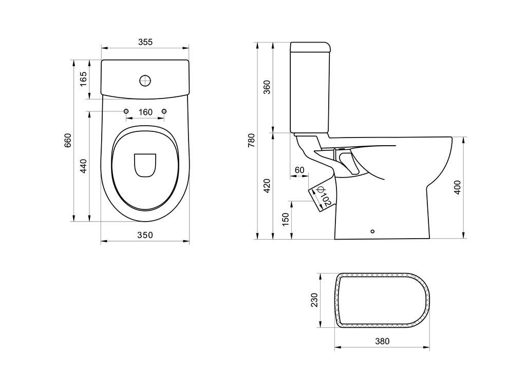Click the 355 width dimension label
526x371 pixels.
(x=145, y=42)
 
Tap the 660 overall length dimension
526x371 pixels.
(x=68, y=141)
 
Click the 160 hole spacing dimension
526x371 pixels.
(x=145, y=112)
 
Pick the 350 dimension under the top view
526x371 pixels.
(x=145, y=235)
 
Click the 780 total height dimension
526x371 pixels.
(x=251, y=140)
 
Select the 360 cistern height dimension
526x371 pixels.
(x=267, y=87)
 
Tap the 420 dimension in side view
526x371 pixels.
(x=267, y=186)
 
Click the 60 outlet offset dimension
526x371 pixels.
(x=299, y=170)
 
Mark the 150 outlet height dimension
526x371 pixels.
(x=286, y=219)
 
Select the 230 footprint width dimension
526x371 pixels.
(x=314, y=300)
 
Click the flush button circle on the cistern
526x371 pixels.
(x=145, y=80)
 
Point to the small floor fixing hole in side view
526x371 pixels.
(x=373, y=231)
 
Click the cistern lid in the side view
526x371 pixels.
(x=310, y=47)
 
